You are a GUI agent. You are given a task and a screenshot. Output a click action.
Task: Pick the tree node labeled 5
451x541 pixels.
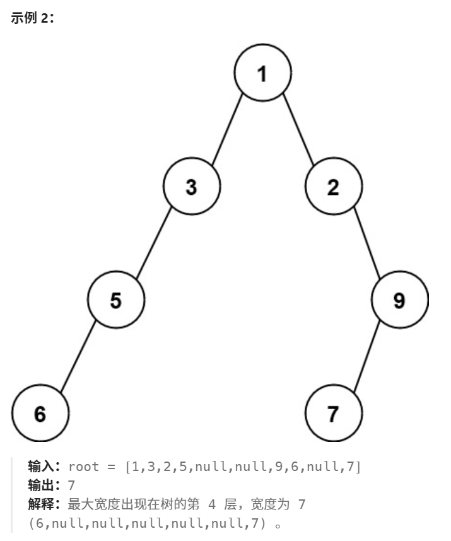pyautogui.click(x=115, y=300)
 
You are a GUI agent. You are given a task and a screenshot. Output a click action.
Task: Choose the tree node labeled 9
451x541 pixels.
pyautogui.click(x=400, y=300)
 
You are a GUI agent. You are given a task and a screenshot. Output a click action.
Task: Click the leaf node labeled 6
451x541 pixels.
pyautogui.click(x=40, y=414)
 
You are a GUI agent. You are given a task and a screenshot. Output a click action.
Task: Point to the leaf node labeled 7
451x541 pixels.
pyautogui.click(x=334, y=414)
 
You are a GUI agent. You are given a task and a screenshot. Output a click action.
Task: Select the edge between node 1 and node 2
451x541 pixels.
pyautogui.click(x=298, y=130)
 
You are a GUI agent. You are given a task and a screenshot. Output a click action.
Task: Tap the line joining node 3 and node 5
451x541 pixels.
pyautogui.click(x=154, y=243)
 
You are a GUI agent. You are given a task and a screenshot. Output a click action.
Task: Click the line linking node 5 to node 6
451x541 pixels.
pyautogui.click(x=78, y=357)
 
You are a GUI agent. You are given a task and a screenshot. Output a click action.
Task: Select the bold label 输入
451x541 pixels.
pyautogui.click(x=44, y=467)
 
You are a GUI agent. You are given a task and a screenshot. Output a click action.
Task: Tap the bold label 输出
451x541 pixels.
pyautogui.click(x=44, y=486)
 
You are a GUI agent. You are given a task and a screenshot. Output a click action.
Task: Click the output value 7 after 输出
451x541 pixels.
pyautogui.click(x=72, y=486)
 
